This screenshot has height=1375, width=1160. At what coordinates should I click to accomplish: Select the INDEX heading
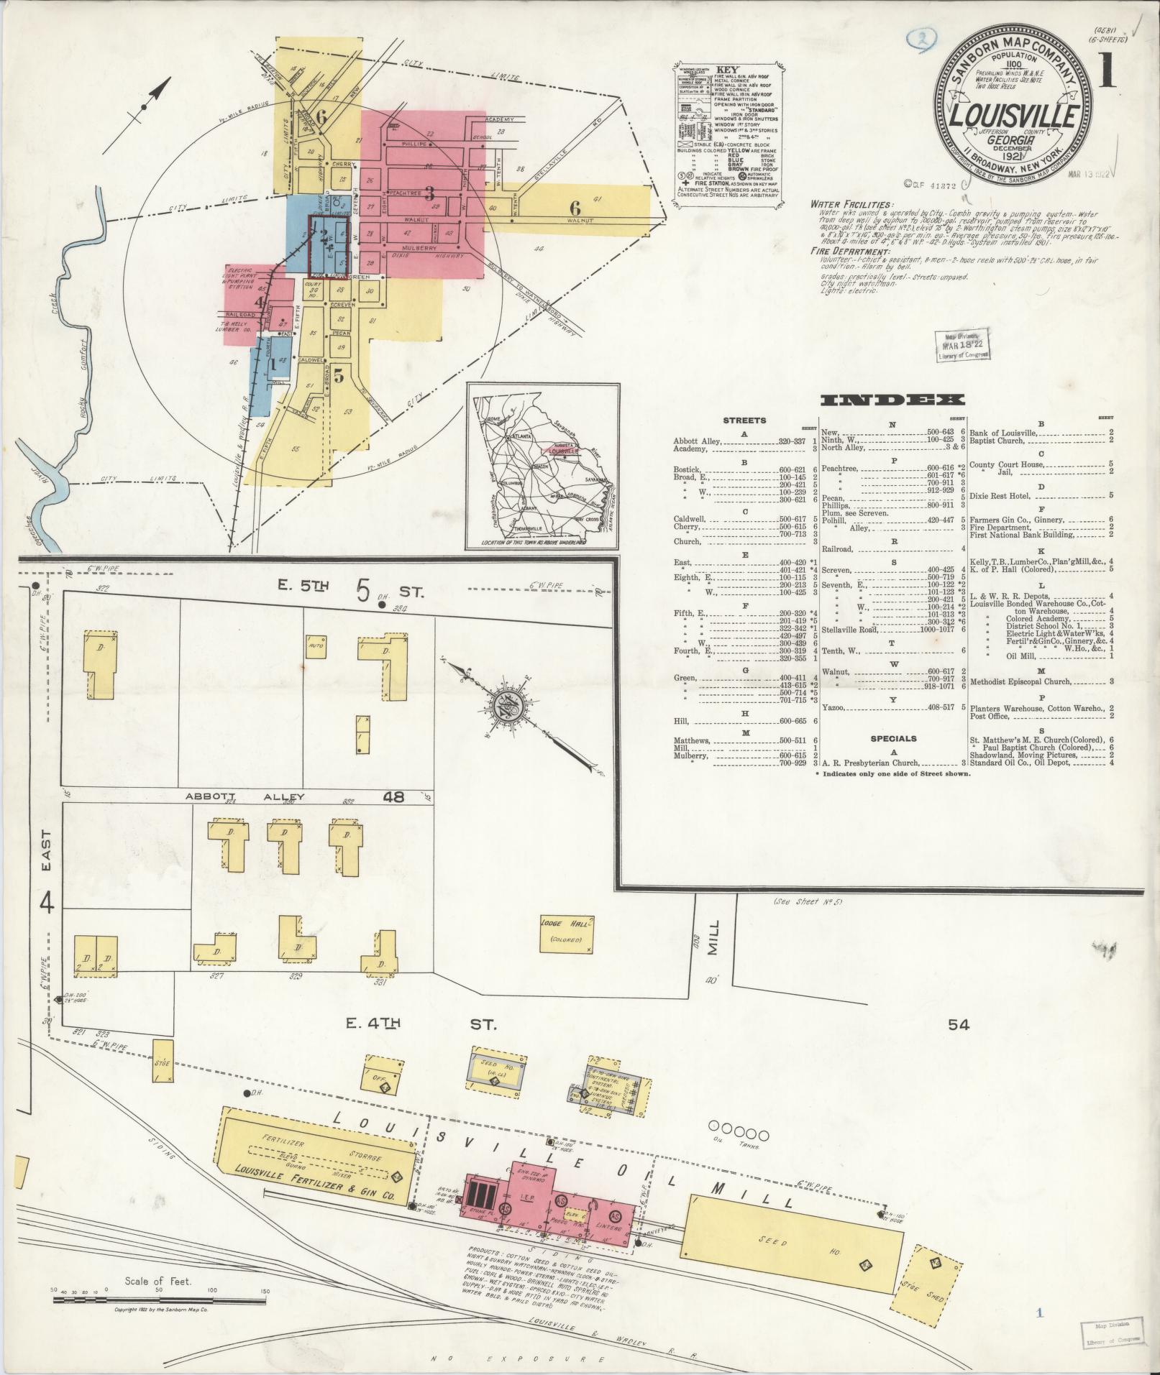coord(892,400)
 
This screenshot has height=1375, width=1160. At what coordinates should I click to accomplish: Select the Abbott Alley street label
coord(246,796)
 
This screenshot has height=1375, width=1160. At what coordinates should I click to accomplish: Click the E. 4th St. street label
coord(421,1024)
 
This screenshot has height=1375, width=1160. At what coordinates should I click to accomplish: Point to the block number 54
coord(959,1025)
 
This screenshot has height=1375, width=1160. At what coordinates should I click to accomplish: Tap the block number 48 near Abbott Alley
coord(395,796)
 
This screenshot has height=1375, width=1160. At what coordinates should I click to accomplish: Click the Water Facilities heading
coord(849,205)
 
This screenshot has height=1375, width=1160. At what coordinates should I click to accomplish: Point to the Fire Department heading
coord(849,252)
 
